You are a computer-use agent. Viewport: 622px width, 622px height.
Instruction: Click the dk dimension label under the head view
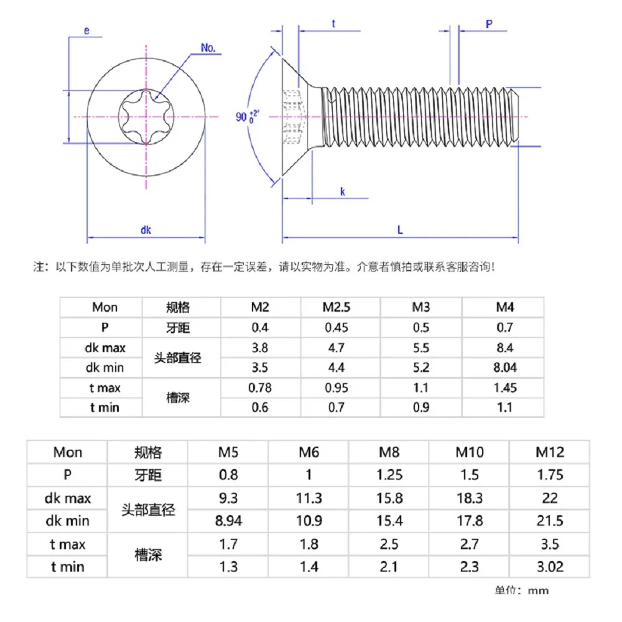[x=146, y=230]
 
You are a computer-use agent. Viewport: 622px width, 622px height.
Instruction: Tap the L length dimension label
[x=400, y=230]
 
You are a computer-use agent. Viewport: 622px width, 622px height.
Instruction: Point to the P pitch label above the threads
[x=489, y=24]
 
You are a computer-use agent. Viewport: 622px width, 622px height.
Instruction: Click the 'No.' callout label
[x=209, y=48]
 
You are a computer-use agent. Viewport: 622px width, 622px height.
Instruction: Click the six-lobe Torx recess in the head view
[x=147, y=116]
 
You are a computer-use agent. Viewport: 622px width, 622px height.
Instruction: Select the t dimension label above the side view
[x=333, y=24]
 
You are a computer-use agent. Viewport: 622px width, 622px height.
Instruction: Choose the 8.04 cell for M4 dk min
[x=505, y=368]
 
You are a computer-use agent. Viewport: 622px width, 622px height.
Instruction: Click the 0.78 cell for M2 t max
[x=260, y=388]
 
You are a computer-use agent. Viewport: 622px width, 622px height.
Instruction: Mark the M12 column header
[x=550, y=452]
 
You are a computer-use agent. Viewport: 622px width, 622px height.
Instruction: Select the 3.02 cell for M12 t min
[x=550, y=567]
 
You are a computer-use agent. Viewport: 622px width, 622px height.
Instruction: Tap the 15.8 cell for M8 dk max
[x=389, y=498]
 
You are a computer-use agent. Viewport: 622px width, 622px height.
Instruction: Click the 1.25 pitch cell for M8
[x=389, y=475]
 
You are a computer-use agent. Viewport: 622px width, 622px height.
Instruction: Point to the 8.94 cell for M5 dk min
[x=228, y=521]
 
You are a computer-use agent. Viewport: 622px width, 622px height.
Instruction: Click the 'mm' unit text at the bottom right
[x=539, y=590]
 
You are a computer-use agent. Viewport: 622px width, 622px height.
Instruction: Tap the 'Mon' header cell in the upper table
[x=104, y=307]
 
